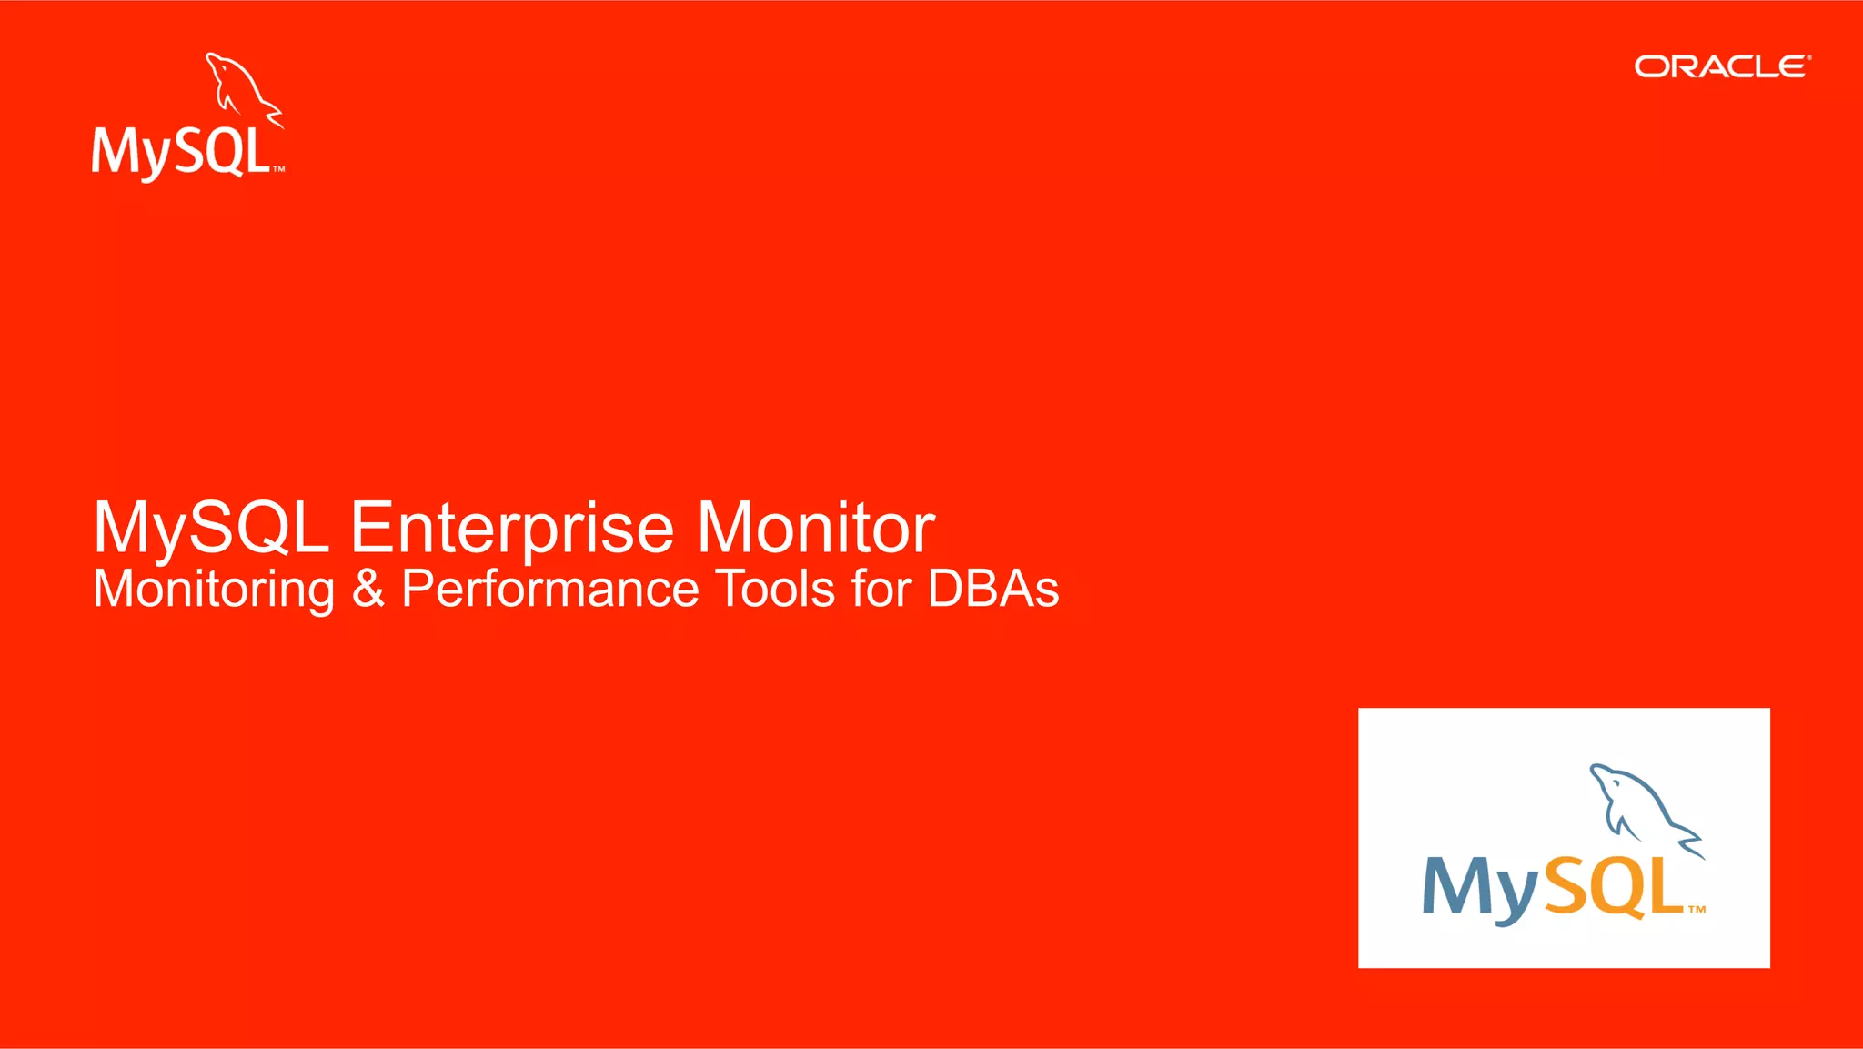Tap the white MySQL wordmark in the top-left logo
pos(182,151)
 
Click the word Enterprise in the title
pos(512,528)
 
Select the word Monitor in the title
pos(816,528)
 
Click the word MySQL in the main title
pos(211,528)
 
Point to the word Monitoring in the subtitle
pos(215,590)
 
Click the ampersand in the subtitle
pos(368,589)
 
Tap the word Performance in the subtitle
pos(549,589)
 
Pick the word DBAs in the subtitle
pos(993,589)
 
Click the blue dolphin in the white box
pos(1643,805)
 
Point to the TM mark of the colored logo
pos(1697,909)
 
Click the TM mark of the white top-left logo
pos(279,169)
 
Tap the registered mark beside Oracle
pos(1809,57)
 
